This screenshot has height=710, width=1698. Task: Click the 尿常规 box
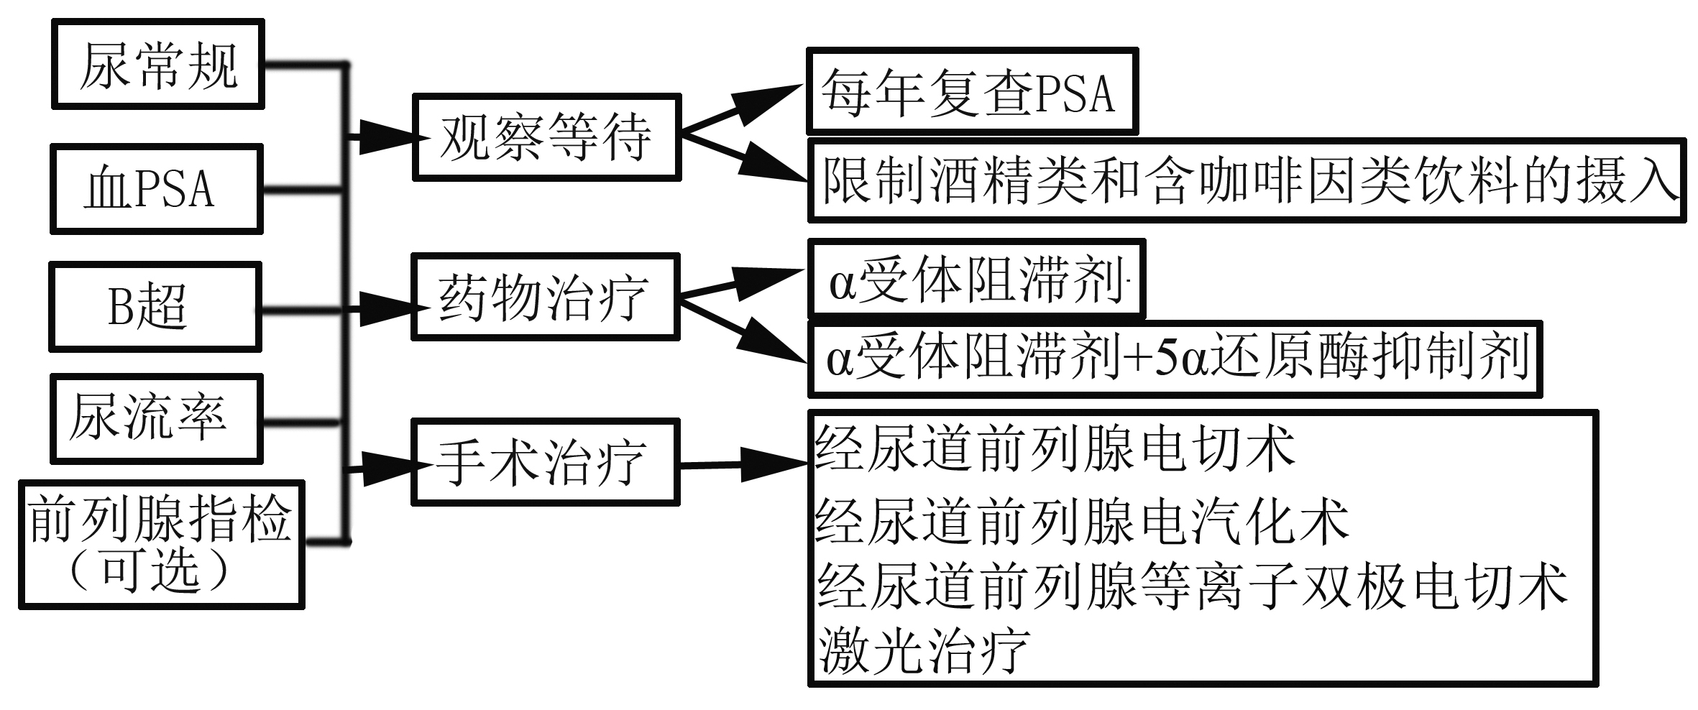[157, 65]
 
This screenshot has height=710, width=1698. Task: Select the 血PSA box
[156, 189]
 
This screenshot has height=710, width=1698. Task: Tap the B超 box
[155, 307]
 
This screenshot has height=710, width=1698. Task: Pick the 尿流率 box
[156, 418]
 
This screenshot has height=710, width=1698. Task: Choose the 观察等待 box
[546, 137]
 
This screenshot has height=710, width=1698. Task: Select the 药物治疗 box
[544, 297]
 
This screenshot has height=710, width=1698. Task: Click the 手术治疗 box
[544, 463]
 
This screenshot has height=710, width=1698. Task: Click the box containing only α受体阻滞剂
[976, 280]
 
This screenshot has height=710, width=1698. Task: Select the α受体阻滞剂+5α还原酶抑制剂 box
[1175, 359]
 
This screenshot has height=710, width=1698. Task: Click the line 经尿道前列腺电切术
[1054, 448]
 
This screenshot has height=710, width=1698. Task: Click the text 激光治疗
[923, 650]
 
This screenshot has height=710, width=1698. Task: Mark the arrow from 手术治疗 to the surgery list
[744, 465]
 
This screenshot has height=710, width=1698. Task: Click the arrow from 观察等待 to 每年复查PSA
[740, 109]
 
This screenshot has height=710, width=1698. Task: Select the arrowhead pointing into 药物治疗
[388, 308]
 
